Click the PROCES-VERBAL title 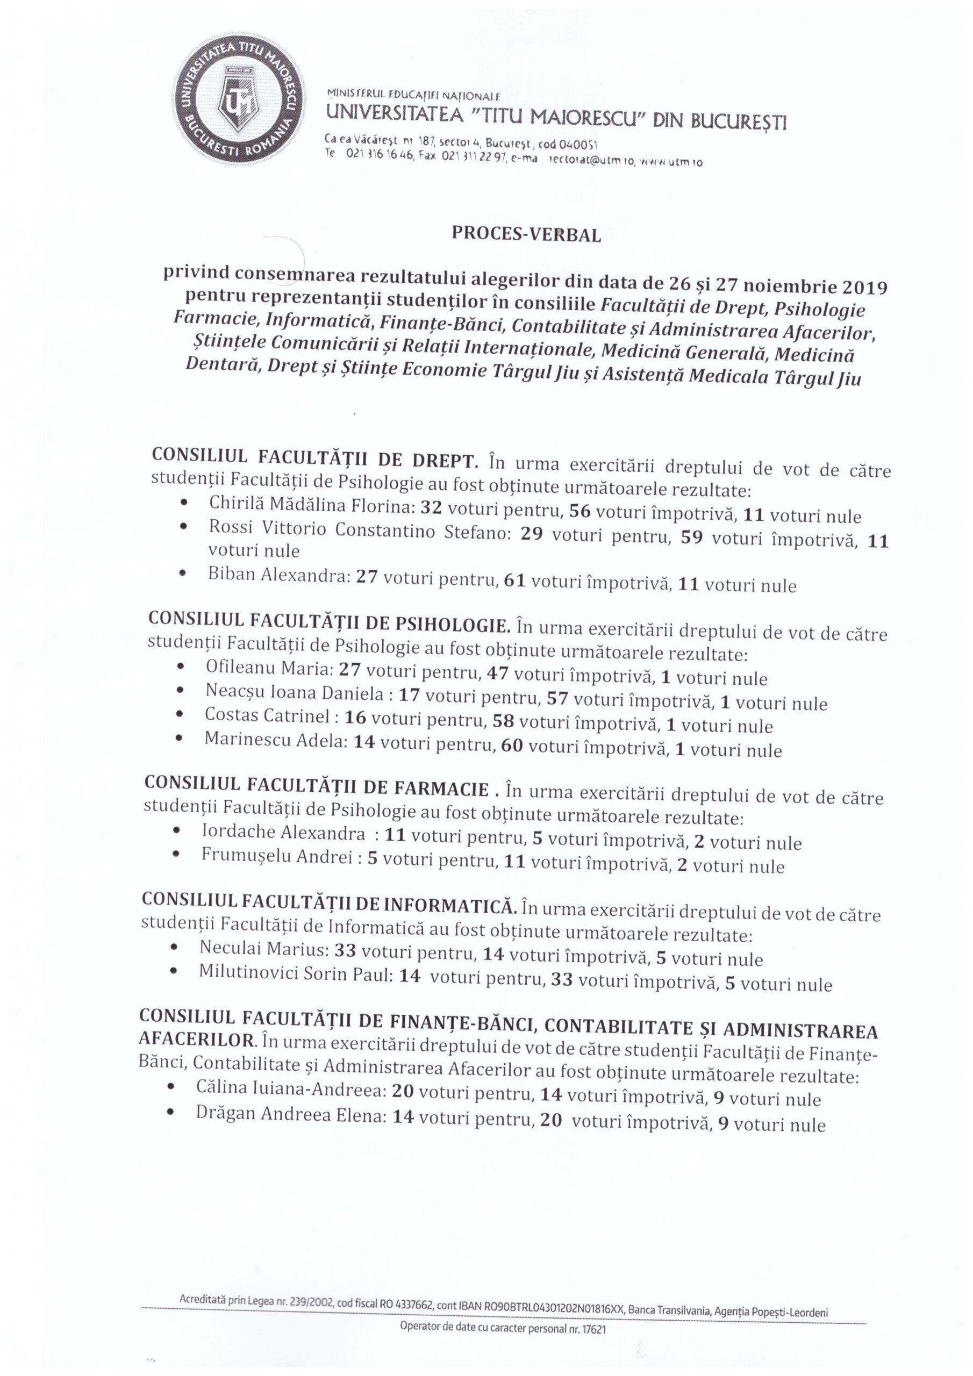point(527,235)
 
